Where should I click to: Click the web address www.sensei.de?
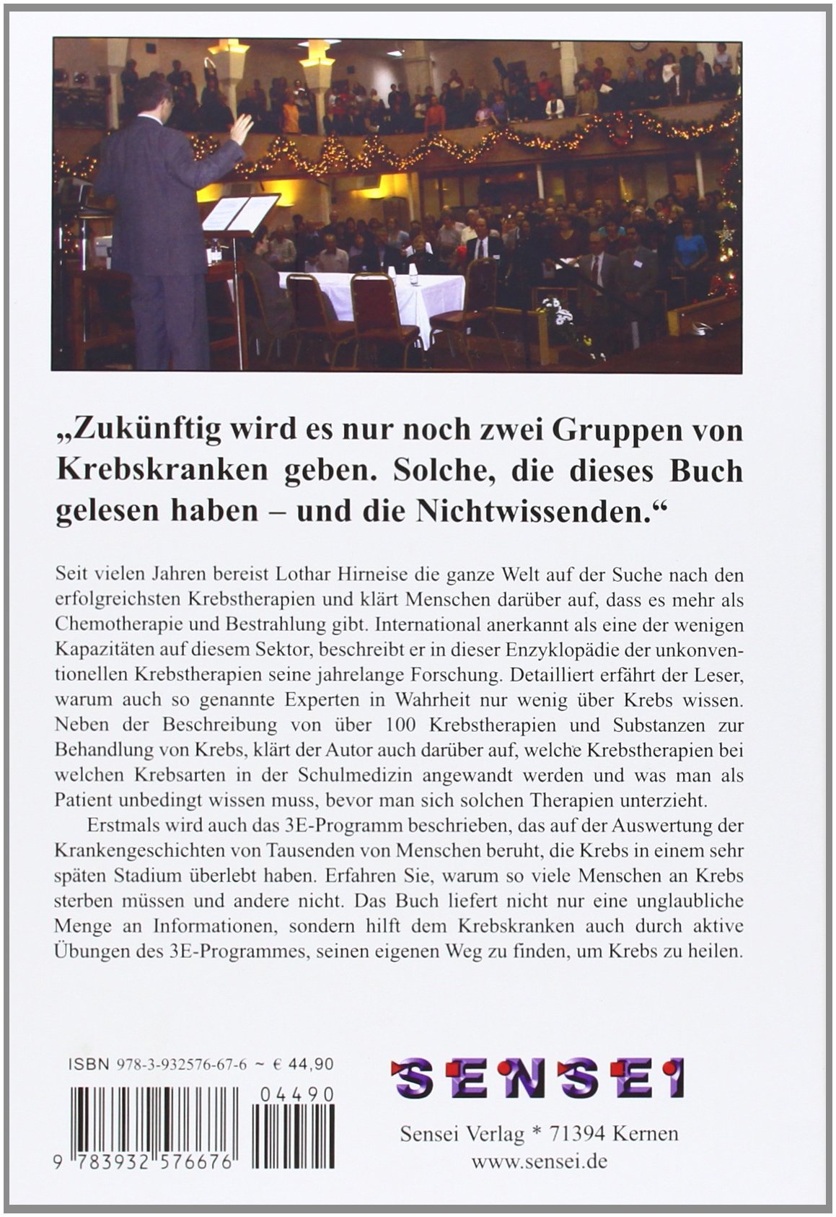tap(539, 1163)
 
